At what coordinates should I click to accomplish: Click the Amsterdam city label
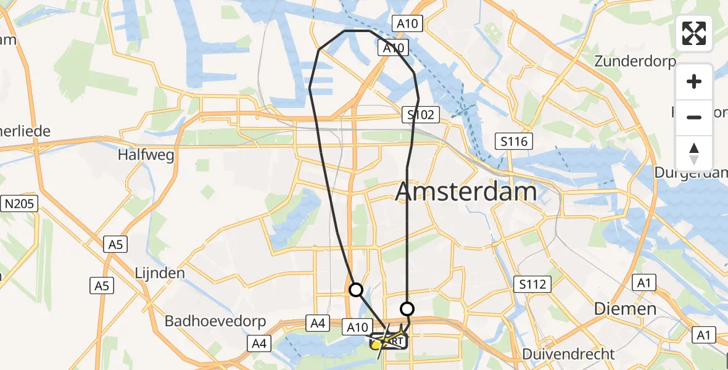pyautogui.click(x=466, y=192)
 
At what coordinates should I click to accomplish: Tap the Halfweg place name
pyautogui.click(x=146, y=155)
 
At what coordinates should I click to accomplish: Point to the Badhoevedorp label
pyautogui.click(x=215, y=321)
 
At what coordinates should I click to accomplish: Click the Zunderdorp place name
pyautogui.click(x=635, y=61)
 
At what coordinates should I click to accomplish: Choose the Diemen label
pyautogui.click(x=625, y=308)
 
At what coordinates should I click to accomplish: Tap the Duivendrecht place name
pyautogui.click(x=568, y=354)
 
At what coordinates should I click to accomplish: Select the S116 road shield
pyautogui.click(x=515, y=142)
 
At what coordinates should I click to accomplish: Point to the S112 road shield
pyautogui.click(x=531, y=284)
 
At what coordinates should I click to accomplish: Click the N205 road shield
pyautogui.click(x=20, y=203)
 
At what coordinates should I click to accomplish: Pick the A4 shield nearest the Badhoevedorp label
pyautogui.click(x=259, y=342)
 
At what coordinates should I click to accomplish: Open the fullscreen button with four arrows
pyautogui.click(x=694, y=33)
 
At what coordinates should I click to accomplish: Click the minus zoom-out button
pyautogui.click(x=694, y=117)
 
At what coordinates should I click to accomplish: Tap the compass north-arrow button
pyautogui.click(x=694, y=154)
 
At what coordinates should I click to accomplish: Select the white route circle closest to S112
pyautogui.click(x=407, y=309)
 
